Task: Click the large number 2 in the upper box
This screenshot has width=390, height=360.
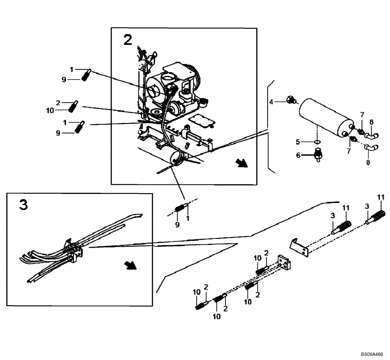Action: pos(128,39)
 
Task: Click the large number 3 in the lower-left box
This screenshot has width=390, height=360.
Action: pos(23,205)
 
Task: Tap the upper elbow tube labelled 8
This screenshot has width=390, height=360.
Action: pos(373,135)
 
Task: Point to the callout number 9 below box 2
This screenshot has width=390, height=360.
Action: pos(177,225)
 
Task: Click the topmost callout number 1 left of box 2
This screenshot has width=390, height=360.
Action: pos(71,69)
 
